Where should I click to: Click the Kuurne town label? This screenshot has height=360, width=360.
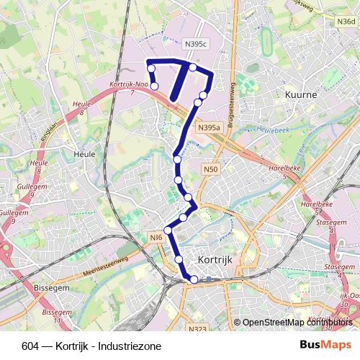point(301,95)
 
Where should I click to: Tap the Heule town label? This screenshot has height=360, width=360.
point(85,154)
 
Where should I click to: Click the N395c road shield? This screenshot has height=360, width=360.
point(196,45)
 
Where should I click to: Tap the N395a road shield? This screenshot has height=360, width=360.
point(208,128)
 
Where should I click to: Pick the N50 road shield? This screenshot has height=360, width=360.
point(210,169)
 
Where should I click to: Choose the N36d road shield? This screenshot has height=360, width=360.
point(346,22)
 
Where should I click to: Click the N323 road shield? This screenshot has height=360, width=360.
point(198,329)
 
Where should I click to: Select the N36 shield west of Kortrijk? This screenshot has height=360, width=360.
point(156,238)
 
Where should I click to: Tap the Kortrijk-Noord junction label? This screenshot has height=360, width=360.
point(130,85)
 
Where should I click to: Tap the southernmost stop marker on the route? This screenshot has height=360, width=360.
point(193,279)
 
